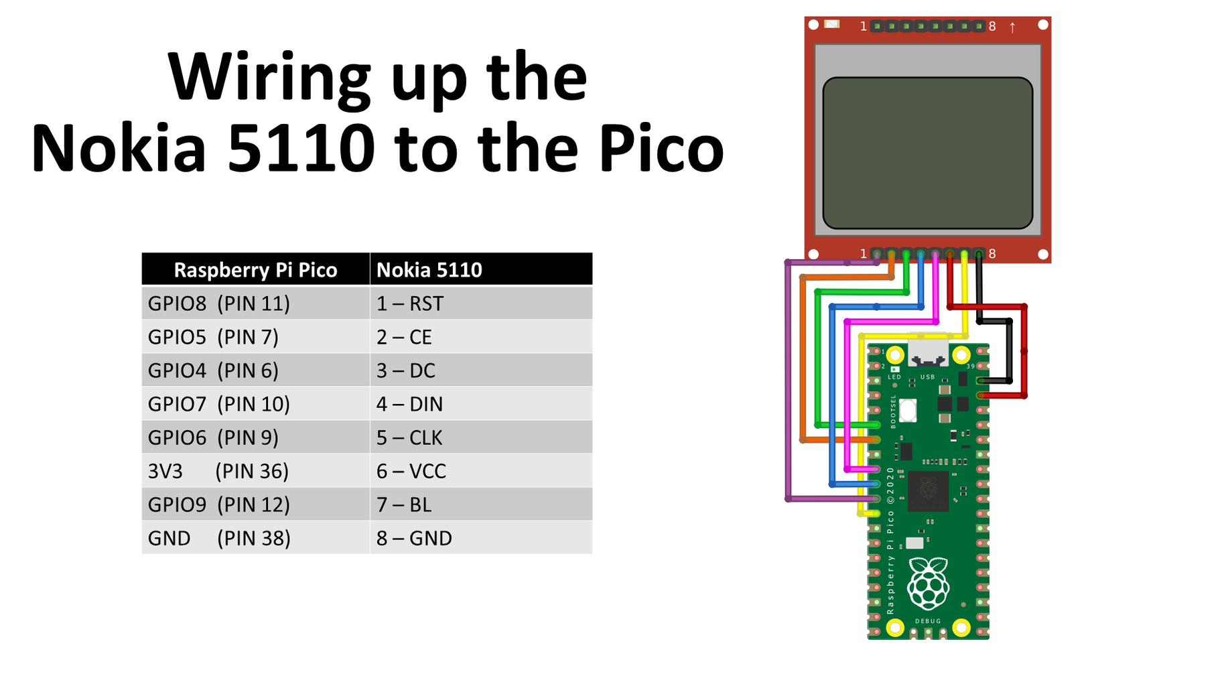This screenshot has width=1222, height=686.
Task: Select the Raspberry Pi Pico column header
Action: [255, 269]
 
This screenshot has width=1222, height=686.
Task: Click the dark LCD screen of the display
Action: [927, 153]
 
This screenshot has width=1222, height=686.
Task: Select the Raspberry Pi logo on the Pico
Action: [928, 584]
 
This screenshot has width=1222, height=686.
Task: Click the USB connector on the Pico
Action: [928, 353]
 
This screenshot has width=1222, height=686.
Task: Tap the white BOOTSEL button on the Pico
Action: [908, 409]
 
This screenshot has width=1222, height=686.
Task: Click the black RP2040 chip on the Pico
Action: [928, 490]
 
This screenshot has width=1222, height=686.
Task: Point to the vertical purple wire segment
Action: [789, 382]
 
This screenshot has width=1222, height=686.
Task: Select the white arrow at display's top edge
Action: [1012, 27]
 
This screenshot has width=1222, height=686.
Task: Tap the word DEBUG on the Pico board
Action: [928, 621]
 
